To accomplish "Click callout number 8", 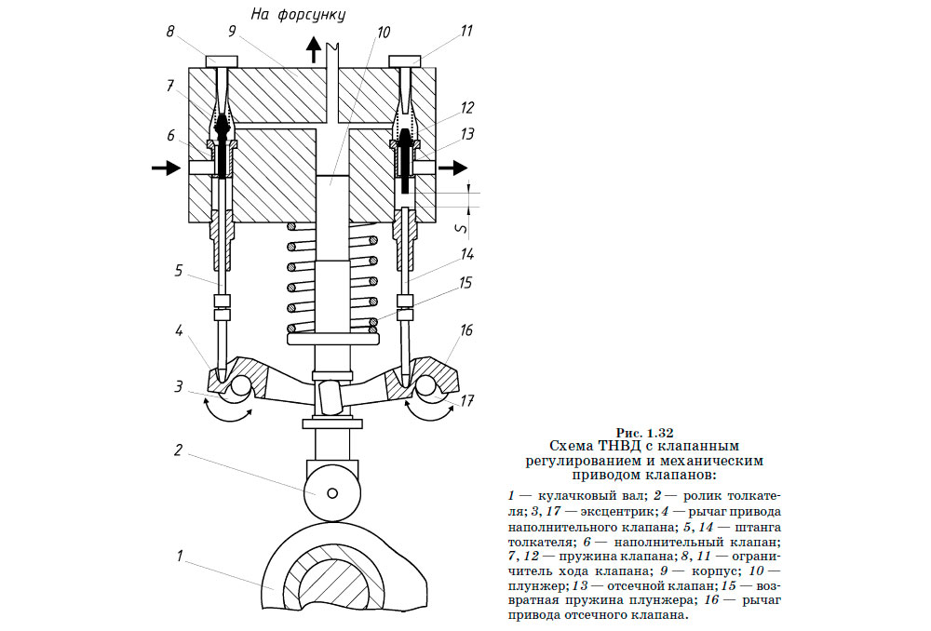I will tap(170, 31).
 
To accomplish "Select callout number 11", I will tap(465, 31).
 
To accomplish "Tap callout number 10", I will tap(382, 31).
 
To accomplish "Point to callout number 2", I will tap(177, 449).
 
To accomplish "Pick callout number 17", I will tap(467, 402).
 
